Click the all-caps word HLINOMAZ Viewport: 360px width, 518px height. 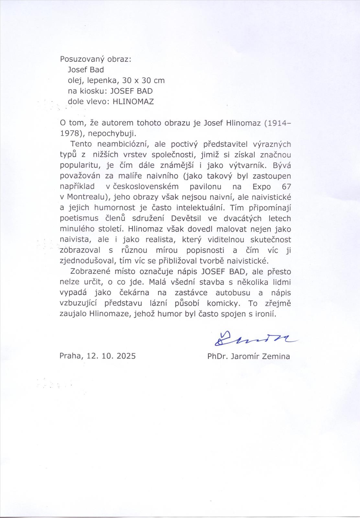pos(133,102)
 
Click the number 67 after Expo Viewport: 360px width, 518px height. pos(286,187)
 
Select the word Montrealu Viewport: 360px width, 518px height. pos(87,197)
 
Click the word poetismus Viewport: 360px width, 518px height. pos(79,219)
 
